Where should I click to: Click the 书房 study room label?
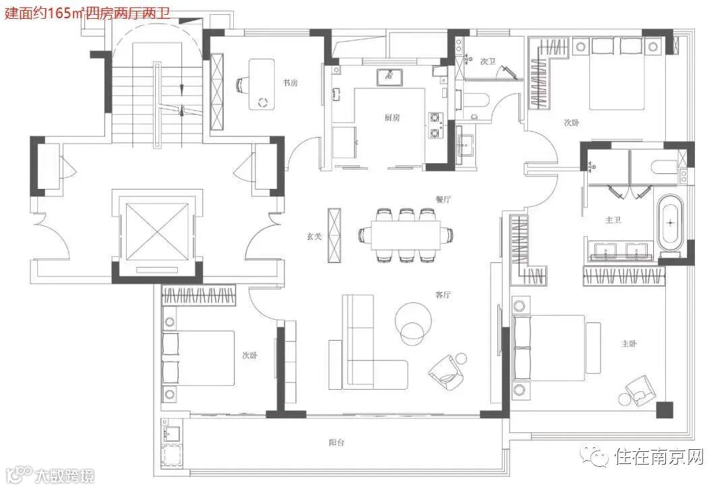coord(290,83)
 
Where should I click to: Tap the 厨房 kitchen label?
coord(392,117)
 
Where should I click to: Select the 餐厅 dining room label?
coord(443,199)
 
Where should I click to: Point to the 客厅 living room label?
coord(443,295)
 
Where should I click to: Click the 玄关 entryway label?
coord(314,236)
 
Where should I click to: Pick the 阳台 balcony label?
coord(336,442)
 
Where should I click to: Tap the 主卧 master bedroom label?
coord(629,343)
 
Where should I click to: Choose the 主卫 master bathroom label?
coord(613,220)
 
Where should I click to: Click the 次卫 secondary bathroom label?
coord(487,61)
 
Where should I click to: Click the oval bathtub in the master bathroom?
coord(670,222)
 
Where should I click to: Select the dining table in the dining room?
coord(405,235)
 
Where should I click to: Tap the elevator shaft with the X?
coord(158,231)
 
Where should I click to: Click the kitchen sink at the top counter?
coord(389,77)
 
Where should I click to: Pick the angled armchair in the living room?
coord(446,372)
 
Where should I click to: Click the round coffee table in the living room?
coord(413,320)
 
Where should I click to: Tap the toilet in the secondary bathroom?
coord(474,99)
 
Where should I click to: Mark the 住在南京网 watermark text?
coord(660,457)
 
